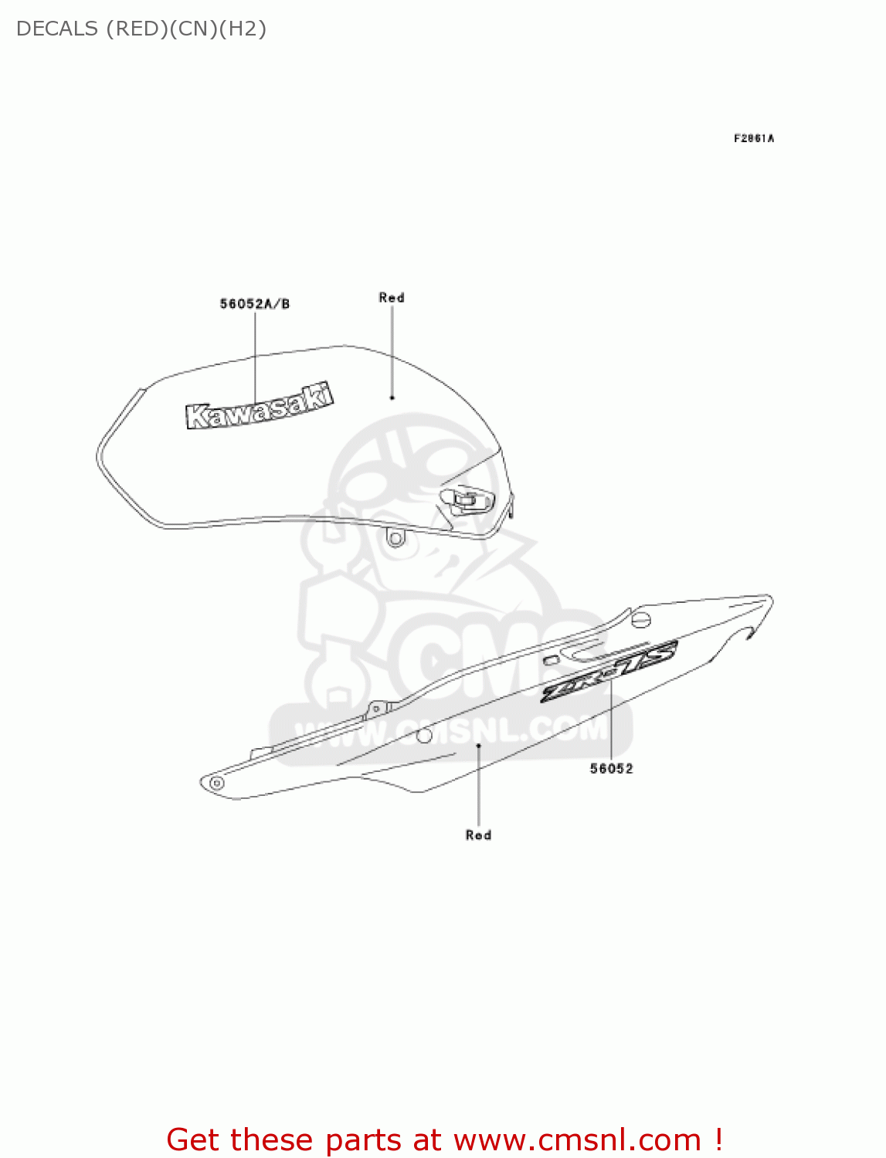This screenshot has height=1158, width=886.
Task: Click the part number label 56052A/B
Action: [x=255, y=304]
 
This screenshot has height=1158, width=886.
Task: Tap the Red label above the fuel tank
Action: [x=392, y=297]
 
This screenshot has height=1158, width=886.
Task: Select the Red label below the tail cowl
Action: [x=478, y=835]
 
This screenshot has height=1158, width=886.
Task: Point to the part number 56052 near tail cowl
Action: [x=611, y=768]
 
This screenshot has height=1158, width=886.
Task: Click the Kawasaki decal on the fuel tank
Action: [x=260, y=406]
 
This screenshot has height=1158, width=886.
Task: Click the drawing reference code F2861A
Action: [x=754, y=138]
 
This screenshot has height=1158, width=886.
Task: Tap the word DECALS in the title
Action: [x=56, y=29]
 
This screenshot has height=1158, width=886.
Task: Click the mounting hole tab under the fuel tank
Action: [x=395, y=537]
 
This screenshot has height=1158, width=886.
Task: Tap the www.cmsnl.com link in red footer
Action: [x=578, y=1140]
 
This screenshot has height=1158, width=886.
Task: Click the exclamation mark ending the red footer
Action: [x=718, y=1140]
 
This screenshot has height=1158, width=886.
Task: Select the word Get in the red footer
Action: [x=194, y=1140]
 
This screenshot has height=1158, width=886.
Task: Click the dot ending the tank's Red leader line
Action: [x=392, y=398]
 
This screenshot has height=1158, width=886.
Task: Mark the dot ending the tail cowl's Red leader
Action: [x=479, y=746]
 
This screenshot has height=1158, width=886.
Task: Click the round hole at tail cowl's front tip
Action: [x=217, y=784]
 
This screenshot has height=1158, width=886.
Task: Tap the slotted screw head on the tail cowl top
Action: [x=641, y=618]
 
